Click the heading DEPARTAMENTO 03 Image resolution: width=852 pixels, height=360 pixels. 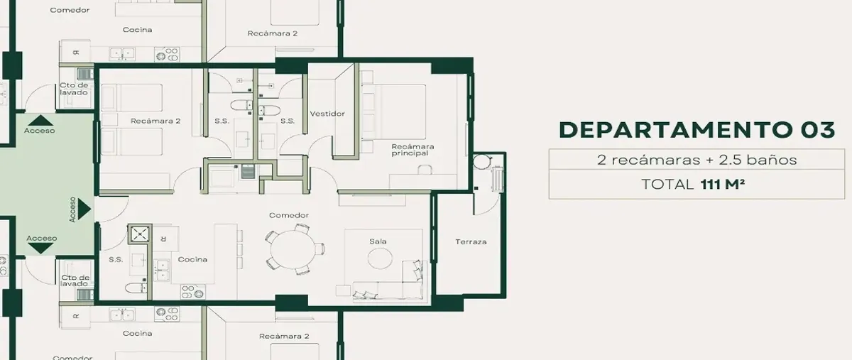point(697,130)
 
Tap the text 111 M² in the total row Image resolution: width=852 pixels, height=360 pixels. point(722,184)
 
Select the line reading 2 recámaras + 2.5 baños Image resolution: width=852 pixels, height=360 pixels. point(697,160)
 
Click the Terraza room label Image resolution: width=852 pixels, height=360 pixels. point(471,241)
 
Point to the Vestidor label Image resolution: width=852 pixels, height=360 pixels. point(327,114)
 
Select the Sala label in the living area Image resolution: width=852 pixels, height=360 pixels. point(378,241)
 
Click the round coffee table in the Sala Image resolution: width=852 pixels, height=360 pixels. point(380,258)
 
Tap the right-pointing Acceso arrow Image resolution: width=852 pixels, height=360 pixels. point(84,209)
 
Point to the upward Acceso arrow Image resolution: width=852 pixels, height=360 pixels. point(40,121)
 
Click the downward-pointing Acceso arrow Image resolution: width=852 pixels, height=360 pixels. point(40,249)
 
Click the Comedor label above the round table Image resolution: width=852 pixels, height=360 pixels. point(289,215)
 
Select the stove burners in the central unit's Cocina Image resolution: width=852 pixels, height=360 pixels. point(192,292)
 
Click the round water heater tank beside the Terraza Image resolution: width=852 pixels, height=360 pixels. point(483,162)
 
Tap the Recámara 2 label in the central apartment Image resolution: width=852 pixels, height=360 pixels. point(155,121)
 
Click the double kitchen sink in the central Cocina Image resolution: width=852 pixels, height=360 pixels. point(163,269)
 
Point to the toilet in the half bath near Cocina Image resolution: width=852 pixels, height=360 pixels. point(136,288)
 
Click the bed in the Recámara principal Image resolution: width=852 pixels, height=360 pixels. point(393,111)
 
